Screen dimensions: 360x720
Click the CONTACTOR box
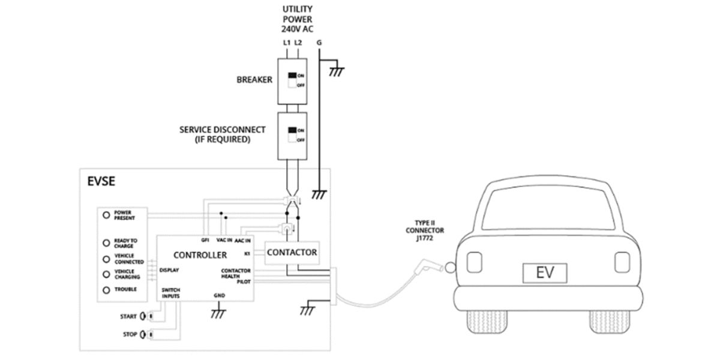291,253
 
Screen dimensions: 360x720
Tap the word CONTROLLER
200,255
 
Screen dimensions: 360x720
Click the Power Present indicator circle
106,215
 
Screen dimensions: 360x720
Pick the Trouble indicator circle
106,290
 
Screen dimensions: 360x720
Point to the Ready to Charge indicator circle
106,243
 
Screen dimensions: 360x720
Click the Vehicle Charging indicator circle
106,274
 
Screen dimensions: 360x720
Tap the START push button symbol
145,316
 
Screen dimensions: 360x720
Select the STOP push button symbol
145,334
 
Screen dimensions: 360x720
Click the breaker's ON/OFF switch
293,80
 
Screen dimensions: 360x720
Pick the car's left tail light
474,262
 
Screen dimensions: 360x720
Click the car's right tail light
622,262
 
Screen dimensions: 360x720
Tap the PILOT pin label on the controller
244,281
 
